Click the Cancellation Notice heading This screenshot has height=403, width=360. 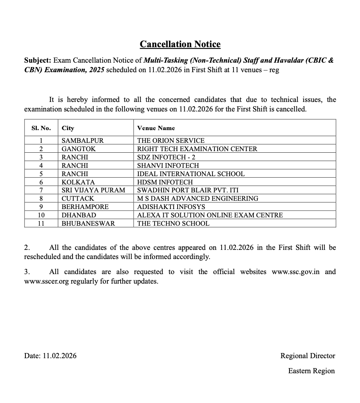click(180, 44)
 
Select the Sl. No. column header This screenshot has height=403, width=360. click(41, 128)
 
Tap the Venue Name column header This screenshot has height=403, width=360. click(156, 128)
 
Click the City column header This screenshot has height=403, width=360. click(68, 128)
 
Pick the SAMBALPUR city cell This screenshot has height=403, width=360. click(82, 140)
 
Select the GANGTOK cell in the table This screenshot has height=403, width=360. click(79, 149)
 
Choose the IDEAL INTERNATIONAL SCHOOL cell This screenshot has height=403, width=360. click(191, 174)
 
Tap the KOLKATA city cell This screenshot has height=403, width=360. click(78, 182)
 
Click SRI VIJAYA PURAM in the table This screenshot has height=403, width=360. click(93, 190)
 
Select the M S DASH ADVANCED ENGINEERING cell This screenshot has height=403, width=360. click(197, 198)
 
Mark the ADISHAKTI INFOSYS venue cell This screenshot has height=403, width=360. click(171, 207)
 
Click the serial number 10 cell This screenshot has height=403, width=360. click(41, 215)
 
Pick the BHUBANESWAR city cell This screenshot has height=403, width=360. click(88, 223)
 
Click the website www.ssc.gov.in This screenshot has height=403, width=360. click(296, 272)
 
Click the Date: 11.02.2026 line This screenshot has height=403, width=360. click(50, 356)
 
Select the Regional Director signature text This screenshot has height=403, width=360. click(308, 356)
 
